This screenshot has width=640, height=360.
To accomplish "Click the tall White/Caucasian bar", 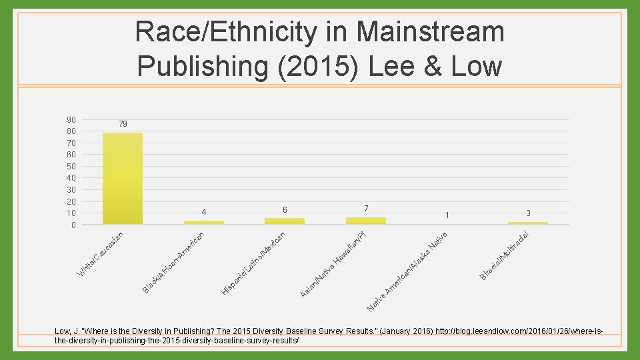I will click(x=123, y=178).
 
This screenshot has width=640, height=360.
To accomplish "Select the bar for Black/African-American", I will click(x=203, y=222).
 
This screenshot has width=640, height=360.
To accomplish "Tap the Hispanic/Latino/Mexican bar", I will click(x=285, y=221).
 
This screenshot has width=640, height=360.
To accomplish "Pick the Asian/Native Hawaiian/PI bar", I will click(x=366, y=220).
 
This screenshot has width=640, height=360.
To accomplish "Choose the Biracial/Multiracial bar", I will click(x=528, y=223).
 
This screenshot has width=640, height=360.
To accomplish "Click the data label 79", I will click(x=123, y=124).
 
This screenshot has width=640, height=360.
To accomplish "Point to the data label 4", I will click(x=204, y=213).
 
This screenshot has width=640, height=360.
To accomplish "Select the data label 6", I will click(x=285, y=210).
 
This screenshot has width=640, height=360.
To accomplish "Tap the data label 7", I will click(x=366, y=209).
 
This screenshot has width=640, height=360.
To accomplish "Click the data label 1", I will click(x=447, y=215).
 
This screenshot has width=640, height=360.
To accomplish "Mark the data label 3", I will click(x=528, y=213).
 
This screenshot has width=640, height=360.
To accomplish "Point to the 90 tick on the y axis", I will click(x=71, y=120).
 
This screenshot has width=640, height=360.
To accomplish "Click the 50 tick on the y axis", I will click(x=71, y=167).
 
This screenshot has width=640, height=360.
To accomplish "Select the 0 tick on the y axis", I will click(x=73, y=225).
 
